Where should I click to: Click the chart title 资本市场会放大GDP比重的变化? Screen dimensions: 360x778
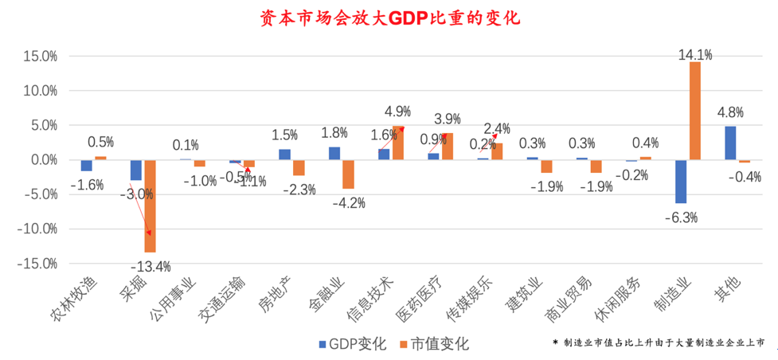click(x=389, y=18)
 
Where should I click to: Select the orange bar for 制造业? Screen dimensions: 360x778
click(x=694, y=111)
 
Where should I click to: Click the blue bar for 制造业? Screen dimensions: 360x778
click(x=681, y=181)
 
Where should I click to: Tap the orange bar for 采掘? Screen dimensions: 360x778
click(x=150, y=205)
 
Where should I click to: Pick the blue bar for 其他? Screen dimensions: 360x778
click(x=730, y=143)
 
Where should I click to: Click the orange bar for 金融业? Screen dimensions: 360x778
click(x=348, y=174)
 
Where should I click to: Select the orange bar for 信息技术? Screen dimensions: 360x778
click(x=397, y=143)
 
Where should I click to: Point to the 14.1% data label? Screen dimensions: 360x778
click(x=695, y=54)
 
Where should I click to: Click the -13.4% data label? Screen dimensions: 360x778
click(x=152, y=266)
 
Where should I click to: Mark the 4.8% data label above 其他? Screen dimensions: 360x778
click(x=730, y=112)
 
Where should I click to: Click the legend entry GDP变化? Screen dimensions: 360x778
click(x=352, y=344)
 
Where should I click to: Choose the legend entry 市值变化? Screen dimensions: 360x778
click(x=434, y=344)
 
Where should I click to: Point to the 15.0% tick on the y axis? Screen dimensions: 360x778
click(x=40, y=57)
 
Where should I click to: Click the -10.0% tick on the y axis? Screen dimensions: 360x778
click(x=38, y=229)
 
